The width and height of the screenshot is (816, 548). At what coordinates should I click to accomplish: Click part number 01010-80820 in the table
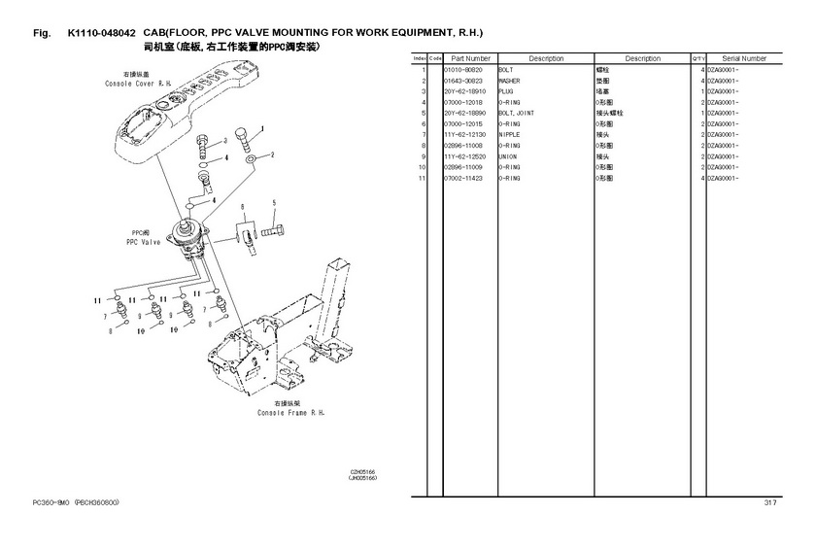(x=462, y=71)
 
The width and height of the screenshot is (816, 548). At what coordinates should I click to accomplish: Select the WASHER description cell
(x=510, y=82)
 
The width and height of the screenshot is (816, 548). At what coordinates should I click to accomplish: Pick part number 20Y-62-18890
(x=463, y=114)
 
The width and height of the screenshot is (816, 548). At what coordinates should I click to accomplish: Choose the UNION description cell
(x=508, y=156)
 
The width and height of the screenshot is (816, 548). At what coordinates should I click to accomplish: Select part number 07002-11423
(x=462, y=179)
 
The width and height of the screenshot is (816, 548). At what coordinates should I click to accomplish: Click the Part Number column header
(x=470, y=59)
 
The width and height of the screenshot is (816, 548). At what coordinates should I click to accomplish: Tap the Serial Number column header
(x=744, y=59)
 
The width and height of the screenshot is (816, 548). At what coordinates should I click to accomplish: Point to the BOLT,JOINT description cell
(x=516, y=114)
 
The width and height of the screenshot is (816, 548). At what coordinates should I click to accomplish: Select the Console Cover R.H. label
(x=135, y=80)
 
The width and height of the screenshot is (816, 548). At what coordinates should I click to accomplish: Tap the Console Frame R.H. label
(x=290, y=408)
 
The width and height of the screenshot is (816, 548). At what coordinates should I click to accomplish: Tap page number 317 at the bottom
(x=769, y=502)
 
